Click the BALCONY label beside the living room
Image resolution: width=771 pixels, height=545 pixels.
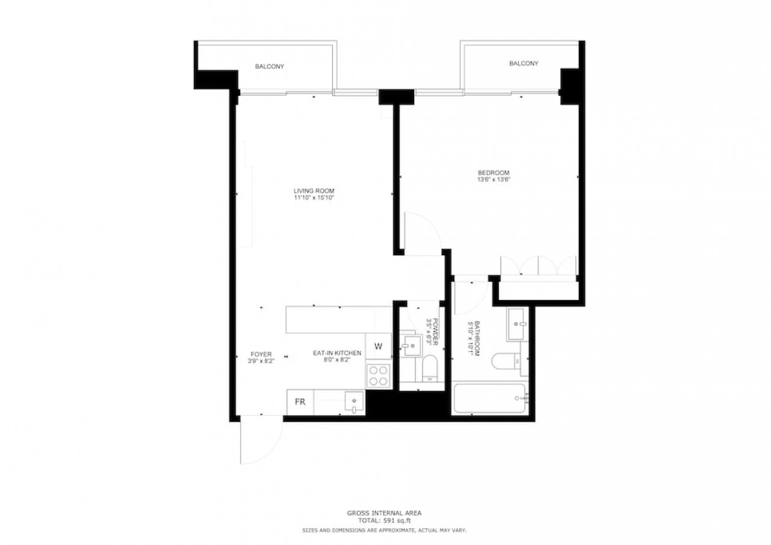point(269,66)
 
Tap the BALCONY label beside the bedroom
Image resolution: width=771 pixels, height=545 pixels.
point(523,63)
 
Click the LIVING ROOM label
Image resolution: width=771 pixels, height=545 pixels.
point(314,191)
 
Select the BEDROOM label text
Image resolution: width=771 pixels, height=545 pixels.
point(493,173)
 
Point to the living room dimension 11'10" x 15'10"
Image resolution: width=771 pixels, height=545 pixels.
point(314,198)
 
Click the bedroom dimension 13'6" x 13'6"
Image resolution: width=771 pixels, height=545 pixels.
point(493,179)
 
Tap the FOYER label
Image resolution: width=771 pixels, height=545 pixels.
point(261,354)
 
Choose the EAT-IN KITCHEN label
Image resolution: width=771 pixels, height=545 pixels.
point(337,353)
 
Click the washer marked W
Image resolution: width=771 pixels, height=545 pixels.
point(378,346)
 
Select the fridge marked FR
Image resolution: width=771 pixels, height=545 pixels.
point(300,402)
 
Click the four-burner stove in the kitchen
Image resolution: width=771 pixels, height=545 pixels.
point(378,376)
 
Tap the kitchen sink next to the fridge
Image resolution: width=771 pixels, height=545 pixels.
point(354,402)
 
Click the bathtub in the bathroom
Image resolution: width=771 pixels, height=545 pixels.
point(490,399)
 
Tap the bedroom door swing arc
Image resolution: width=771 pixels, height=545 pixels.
point(432,223)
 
